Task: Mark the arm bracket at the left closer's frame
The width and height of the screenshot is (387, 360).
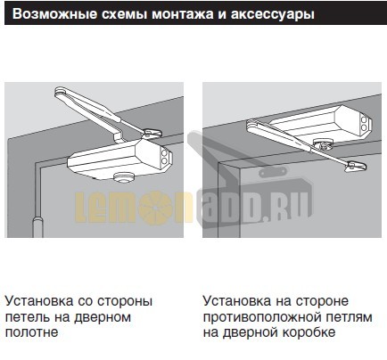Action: (x=62, y=93)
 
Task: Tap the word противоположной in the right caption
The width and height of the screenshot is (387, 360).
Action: (x=259, y=316)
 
